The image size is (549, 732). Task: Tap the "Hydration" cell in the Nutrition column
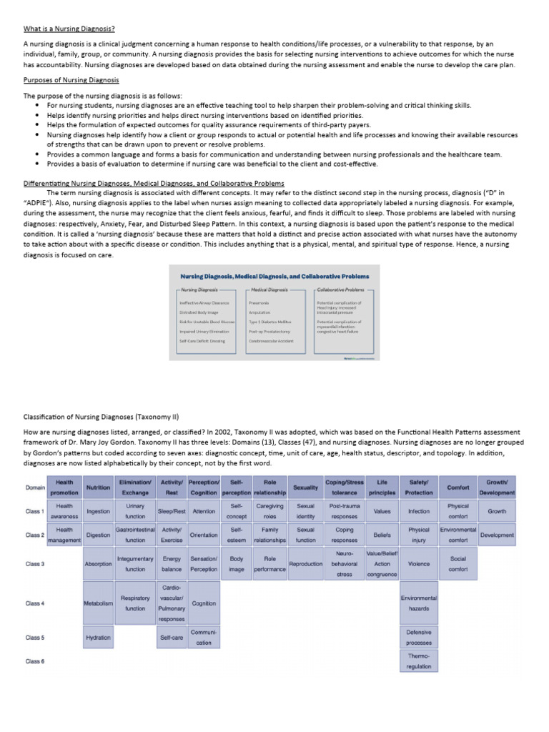click(x=98, y=637)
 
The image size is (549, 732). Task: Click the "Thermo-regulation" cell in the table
click(x=419, y=661)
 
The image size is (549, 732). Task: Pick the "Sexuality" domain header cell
click(x=305, y=487)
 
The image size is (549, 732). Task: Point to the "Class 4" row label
click(x=35, y=603)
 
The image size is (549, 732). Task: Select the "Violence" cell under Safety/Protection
click(x=419, y=563)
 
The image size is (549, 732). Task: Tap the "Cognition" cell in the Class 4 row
click(x=204, y=603)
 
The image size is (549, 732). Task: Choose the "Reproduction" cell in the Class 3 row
click(x=305, y=563)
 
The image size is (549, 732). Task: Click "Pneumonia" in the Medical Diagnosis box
click(x=259, y=303)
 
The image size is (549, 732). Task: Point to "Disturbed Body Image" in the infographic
click(x=198, y=312)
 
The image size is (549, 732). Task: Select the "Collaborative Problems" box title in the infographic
click(x=340, y=290)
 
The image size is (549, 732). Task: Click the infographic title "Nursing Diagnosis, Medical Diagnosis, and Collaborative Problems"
click(x=274, y=276)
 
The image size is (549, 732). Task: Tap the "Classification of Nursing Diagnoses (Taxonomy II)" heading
click(x=100, y=415)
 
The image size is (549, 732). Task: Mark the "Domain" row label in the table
click(x=35, y=487)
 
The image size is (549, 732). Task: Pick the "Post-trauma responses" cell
click(x=344, y=511)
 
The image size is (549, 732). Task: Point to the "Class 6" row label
click(x=35, y=661)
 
